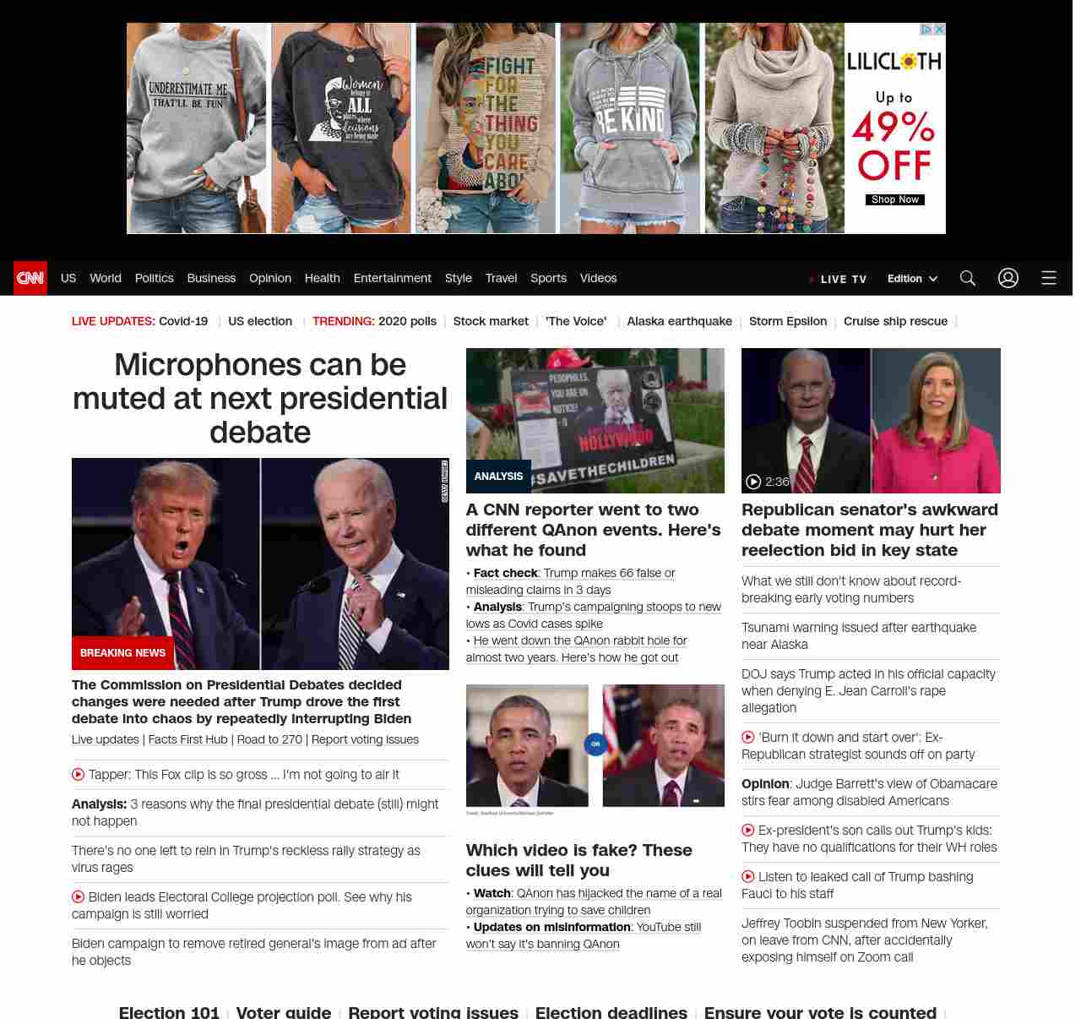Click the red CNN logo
(x=30, y=278)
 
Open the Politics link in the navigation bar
(x=154, y=278)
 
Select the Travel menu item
(x=501, y=278)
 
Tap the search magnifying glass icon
(x=968, y=278)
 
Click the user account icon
(x=1008, y=278)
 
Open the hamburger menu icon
(x=1049, y=278)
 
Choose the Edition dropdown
(x=912, y=279)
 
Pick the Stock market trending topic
(x=491, y=321)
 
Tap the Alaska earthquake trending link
(x=679, y=321)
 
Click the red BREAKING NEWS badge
(x=123, y=652)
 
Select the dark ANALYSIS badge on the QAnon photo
(x=498, y=477)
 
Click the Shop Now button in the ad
(x=895, y=200)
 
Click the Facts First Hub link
(x=187, y=739)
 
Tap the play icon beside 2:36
(x=753, y=482)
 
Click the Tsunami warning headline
(x=858, y=635)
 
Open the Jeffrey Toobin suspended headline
(x=864, y=940)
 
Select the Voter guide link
(x=284, y=1011)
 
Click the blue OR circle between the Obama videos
(x=595, y=744)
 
